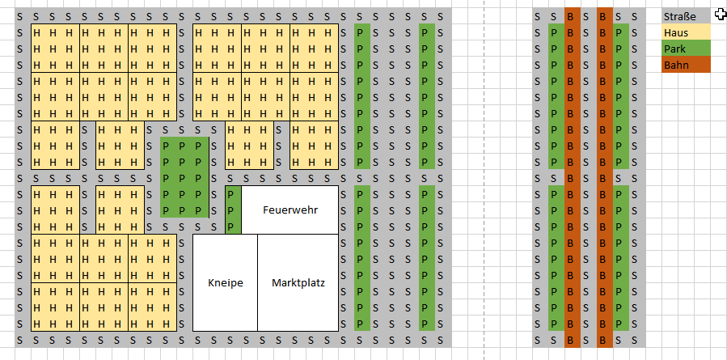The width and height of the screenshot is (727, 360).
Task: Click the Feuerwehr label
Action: [290, 210]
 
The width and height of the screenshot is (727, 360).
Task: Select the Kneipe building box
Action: [226, 282]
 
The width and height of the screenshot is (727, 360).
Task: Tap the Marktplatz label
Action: [298, 282]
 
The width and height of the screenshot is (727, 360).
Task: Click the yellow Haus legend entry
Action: [686, 32]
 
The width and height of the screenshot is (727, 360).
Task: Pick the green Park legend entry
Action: [686, 49]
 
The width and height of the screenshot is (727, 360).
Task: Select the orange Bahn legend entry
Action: [686, 65]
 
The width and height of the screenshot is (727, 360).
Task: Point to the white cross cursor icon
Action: [721, 15]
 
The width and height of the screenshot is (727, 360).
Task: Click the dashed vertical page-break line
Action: [484, 180]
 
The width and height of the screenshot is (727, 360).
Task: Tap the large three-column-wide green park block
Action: [184, 177]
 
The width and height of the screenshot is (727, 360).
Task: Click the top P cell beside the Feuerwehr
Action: [233, 193]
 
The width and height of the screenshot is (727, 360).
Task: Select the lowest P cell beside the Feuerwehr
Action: [233, 226]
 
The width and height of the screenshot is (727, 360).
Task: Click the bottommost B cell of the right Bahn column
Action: [605, 340]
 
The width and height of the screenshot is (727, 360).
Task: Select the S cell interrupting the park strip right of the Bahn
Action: [621, 177]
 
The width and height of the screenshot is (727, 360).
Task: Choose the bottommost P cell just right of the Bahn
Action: [621, 324]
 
